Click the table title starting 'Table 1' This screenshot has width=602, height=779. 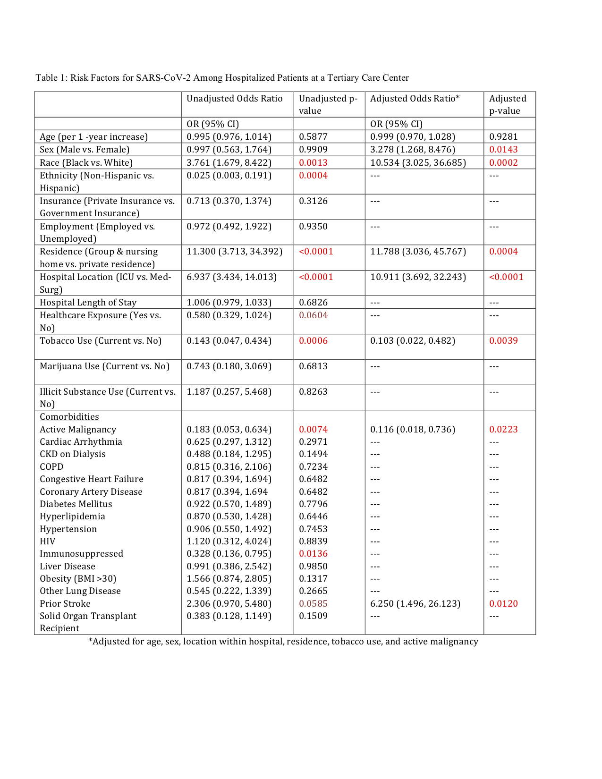coord(222,78)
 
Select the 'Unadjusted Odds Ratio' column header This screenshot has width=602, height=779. coord(234,99)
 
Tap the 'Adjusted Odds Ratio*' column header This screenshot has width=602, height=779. coord(415,99)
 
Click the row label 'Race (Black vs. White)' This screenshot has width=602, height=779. coord(86,163)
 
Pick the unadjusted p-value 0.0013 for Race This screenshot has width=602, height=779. coord(313,163)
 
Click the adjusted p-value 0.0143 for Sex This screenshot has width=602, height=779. coord(503,150)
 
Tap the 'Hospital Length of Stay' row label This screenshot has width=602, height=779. coord(88,303)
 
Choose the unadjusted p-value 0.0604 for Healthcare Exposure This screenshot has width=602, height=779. coord(313,315)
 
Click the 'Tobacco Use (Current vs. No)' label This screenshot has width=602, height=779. coord(101,341)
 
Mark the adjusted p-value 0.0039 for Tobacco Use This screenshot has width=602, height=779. coord(503,341)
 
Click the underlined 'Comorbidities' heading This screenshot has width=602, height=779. coord(69,417)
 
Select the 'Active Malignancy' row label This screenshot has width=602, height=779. coord(78,430)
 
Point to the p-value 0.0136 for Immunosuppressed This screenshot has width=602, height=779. coord(313,554)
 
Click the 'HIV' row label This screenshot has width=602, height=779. coord(47,542)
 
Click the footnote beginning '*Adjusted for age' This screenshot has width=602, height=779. coord(283,642)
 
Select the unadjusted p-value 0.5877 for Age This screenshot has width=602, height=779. coord(313,137)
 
